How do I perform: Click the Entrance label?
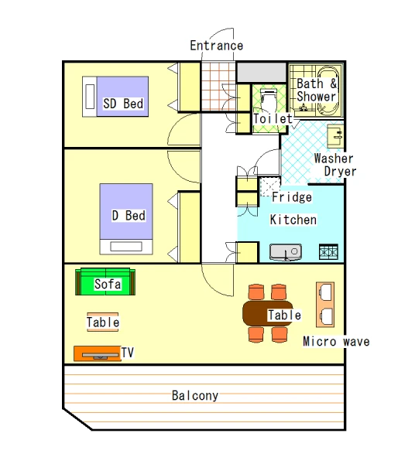coord(216,46)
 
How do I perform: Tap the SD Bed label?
coord(123,104)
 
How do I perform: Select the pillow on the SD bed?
coord(90,97)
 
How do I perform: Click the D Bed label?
coord(129,216)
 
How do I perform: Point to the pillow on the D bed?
coord(126,247)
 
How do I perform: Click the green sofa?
coord(105,281)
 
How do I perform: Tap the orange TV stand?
coord(97,353)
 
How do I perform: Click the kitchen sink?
coord(286,252)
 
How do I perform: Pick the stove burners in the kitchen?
coord(328,252)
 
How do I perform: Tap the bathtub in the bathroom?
coord(328,90)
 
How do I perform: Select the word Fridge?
coord(292,197)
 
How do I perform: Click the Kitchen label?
coord(293,220)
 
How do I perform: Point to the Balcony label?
coord(195,395)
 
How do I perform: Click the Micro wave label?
coord(336,342)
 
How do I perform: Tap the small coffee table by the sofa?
coord(103,322)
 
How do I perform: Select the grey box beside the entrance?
coord(261,72)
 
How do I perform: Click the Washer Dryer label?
coord(335,165)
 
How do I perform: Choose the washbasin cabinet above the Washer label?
coord(335,136)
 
